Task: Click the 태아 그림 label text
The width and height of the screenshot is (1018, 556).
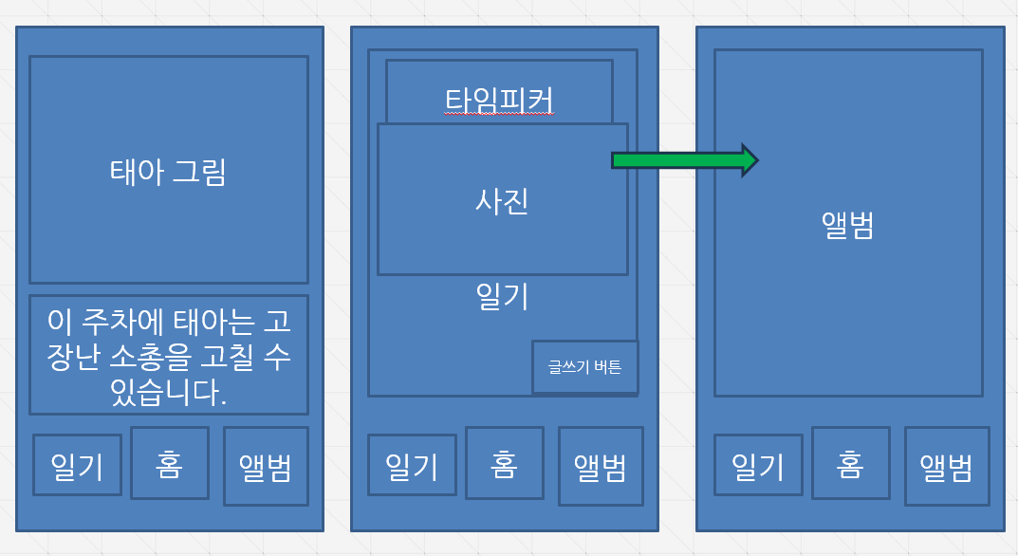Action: [x=168, y=173]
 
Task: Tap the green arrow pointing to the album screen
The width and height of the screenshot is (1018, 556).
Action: [x=683, y=160]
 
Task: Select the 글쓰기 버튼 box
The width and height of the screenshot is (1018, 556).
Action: [x=584, y=366]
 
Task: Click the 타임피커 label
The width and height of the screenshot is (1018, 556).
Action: [x=499, y=100]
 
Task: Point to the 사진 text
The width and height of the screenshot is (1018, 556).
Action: [x=502, y=201]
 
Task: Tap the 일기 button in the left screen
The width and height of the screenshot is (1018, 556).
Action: [x=77, y=465]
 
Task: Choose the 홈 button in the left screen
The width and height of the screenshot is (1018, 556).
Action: [x=169, y=463]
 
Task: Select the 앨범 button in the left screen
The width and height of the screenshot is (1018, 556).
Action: [x=266, y=467]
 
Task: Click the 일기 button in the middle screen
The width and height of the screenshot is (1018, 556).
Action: [x=412, y=465]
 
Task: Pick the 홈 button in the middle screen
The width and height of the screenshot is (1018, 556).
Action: [x=504, y=463]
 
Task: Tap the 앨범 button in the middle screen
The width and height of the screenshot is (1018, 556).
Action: [x=601, y=466]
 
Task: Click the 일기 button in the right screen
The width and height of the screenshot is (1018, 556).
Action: [x=758, y=465]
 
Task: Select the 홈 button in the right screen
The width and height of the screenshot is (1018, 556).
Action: [x=850, y=463]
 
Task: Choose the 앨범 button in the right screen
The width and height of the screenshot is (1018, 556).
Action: [x=947, y=466]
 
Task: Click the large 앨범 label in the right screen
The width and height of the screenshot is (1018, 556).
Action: [x=848, y=225]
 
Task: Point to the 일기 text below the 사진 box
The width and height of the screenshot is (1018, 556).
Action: [x=502, y=296]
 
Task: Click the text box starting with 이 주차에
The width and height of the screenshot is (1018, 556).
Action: [x=168, y=355]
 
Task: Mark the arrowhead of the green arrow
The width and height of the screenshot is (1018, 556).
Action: [x=750, y=160]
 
